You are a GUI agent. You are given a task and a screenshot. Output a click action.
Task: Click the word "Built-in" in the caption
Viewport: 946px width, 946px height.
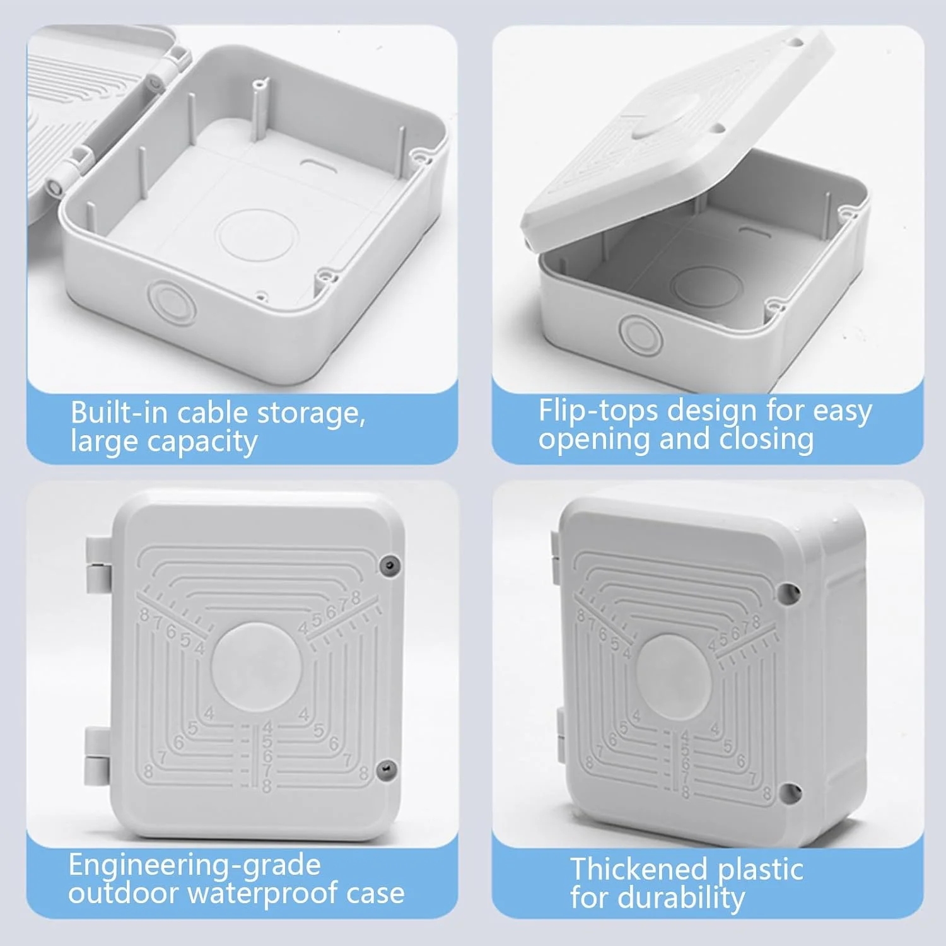tap(119, 412)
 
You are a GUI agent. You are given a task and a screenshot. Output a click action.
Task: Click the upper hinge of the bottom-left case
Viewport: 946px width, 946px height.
tap(98, 565)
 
